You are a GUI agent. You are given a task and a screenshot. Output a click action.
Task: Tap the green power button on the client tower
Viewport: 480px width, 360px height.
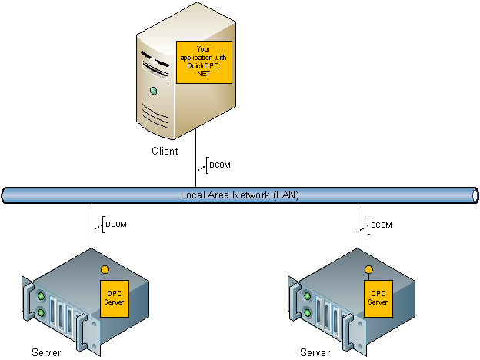[x=154, y=92]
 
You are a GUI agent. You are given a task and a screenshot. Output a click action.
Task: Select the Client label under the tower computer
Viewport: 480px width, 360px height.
[x=165, y=151]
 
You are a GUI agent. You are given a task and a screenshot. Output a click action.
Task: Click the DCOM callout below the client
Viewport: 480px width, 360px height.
[x=220, y=165]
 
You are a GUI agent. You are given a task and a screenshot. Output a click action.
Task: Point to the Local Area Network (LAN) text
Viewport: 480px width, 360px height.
[x=239, y=195]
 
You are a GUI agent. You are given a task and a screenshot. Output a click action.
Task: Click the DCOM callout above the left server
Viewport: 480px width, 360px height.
[x=115, y=225]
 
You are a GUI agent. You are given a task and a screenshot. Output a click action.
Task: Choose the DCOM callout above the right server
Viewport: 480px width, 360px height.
[x=381, y=225]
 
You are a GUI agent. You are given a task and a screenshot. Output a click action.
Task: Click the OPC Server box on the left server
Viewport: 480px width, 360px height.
[x=114, y=298]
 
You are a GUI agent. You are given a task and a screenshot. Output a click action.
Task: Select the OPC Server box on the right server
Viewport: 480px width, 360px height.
[x=378, y=298]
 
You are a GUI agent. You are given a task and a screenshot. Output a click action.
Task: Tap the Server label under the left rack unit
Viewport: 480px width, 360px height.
[x=46, y=352]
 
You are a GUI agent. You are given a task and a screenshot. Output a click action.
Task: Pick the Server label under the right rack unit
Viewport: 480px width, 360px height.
[x=315, y=352]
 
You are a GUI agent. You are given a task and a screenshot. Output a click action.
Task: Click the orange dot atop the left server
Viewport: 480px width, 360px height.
[x=104, y=269]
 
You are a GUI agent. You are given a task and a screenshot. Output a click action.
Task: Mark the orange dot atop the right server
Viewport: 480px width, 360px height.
[x=368, y=269]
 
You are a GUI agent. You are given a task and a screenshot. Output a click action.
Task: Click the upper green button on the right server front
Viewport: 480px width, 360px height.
[x=308, y=295]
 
